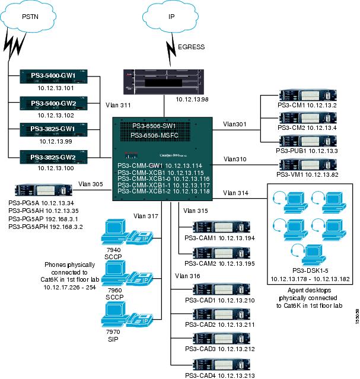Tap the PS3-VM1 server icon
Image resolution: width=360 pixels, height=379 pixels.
click(x=295, y=163)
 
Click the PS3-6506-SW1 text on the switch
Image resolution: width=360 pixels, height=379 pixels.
click(x=155, y=126)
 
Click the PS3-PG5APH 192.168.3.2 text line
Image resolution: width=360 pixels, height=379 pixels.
click(x=46, y=227)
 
